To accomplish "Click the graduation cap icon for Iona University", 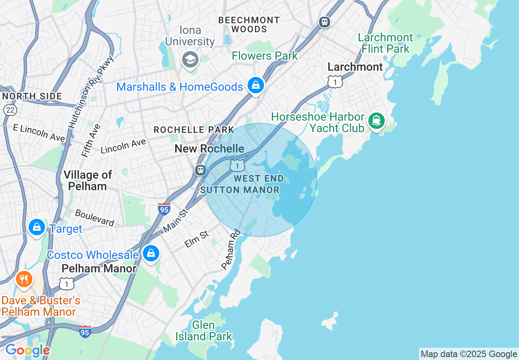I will [190, 60].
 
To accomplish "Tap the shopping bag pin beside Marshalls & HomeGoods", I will [256, 86].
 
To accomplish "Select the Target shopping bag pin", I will [37, 227].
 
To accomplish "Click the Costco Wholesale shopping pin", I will [151, 254].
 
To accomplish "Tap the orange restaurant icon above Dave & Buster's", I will [24, 280].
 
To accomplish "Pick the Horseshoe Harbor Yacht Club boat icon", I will [376, 121].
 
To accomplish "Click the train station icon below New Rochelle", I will [200, 170].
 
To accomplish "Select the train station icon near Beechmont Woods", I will [325, 22].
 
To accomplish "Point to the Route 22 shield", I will [10, 109].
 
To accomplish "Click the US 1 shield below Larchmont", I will [335, 81].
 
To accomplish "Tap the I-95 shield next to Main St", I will [164, 209].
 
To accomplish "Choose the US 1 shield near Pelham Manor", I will [66, 283].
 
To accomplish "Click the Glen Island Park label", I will [203, 331].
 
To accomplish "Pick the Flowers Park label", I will [265, 56].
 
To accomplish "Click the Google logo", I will [27, 351].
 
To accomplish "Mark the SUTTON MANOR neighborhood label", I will [240, 190].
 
